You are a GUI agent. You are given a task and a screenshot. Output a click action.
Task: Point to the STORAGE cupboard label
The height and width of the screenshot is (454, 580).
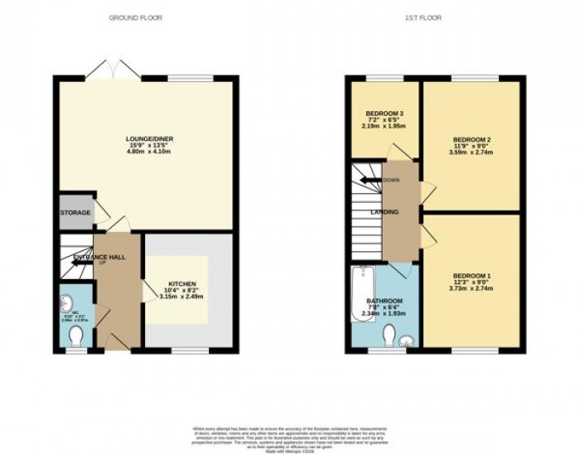click(x=75, y=213)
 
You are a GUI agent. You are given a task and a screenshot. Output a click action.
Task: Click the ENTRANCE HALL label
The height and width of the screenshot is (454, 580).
click(x=99, y=258)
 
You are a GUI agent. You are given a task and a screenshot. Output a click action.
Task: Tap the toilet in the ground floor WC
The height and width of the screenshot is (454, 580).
click(x=76, y=336)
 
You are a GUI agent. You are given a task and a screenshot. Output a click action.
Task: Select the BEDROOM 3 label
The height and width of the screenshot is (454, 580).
click(x=384, y=113)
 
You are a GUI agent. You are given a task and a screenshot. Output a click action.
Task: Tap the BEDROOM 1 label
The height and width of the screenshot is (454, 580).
click(x=471, y=275)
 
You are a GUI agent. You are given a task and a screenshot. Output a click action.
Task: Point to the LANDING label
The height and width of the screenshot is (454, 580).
click(x=385, y=213)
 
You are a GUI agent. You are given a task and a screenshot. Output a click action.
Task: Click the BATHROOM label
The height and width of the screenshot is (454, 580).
click(x=385, y=301)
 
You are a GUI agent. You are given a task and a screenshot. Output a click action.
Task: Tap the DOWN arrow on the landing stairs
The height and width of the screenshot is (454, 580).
click(x=370, y=179)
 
